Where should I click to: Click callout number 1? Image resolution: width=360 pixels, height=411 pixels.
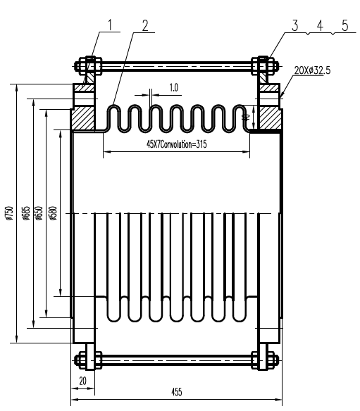coord(110,25)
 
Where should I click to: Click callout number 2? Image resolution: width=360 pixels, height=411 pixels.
coord(144,25)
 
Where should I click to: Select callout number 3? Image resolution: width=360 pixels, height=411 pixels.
coord(294,25)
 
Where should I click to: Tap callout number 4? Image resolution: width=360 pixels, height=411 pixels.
coord(319,25)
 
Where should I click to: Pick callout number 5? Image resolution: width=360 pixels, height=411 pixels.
coord(344,25)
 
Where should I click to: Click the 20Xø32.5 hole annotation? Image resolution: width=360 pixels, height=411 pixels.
coord(312,71)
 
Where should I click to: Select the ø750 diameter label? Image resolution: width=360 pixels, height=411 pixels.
coord(8,213)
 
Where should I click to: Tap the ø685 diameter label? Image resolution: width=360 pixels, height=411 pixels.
coord(26,213)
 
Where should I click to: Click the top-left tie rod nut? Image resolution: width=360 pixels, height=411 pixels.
coord(87,68)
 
